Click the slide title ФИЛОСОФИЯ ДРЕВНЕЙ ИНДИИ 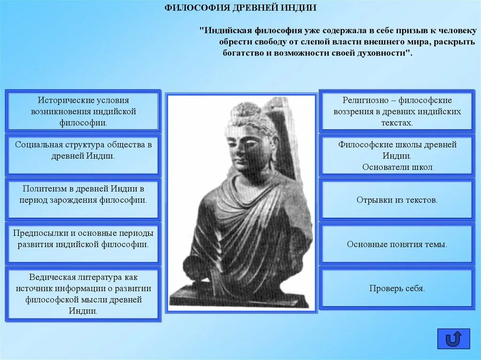[240, 8]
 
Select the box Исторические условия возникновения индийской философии [83, 112]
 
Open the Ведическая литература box [83, 294]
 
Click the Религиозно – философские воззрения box [397, 112]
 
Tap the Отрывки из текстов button [397, 200]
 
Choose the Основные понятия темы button [397, 244]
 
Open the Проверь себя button [397, 289]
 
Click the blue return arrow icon [453, 338]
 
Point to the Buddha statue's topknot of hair [243, 109]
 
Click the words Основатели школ [397, 167]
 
